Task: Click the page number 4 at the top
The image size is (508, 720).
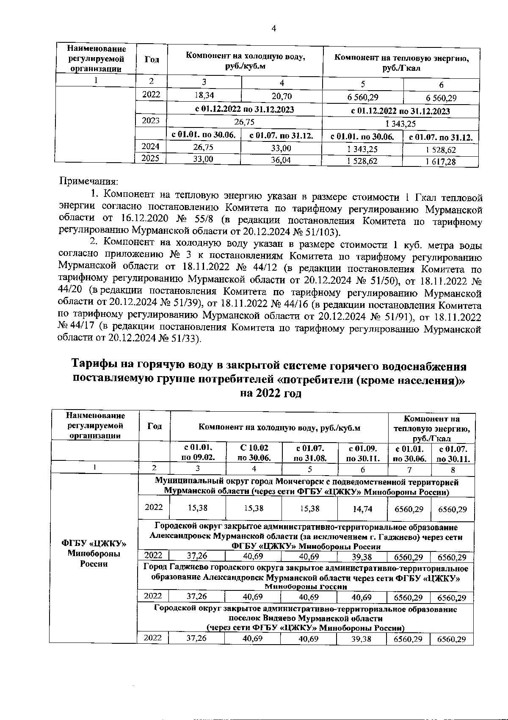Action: pyautogui.click(x=273, y=28)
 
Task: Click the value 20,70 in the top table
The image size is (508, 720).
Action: pyautogui.click(x=282, y=97)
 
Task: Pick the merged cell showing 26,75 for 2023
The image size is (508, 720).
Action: pyautogui.click(x=244, y=122)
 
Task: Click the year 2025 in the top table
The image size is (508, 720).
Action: pyautogui.click(x=151, y=158)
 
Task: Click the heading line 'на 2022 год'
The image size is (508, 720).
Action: pyautogui.click(x=271, y=393)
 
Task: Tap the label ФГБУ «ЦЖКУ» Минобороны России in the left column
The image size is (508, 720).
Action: pyautogui.click(x=94, y=554)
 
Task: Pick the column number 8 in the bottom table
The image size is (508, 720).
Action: pyautogui.click(x=453, y=469)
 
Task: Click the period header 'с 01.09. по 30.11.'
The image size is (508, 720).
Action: pyautogui.click(x=362, y=452)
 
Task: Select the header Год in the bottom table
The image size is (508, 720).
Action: pyautogui.click(x=155, y=426)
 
